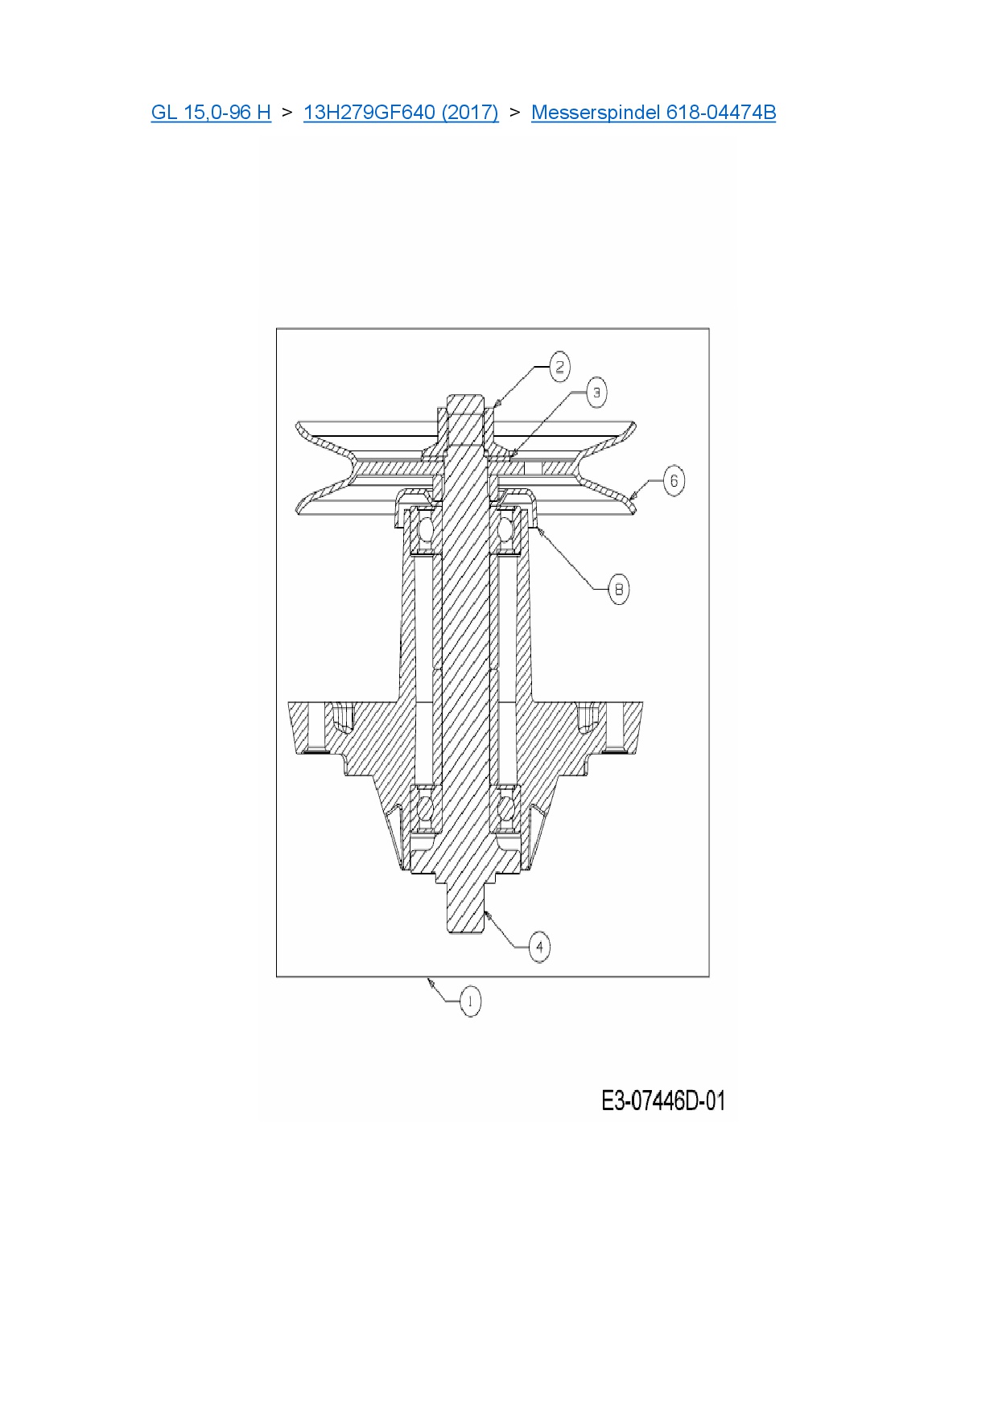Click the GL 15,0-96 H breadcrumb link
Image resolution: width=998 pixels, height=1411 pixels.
click(211, 112)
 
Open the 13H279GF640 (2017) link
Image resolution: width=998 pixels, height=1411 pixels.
click(401, 112)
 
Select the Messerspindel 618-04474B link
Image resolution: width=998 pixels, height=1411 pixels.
click(654, 112)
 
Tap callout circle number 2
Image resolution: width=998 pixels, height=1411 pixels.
click(560, 368)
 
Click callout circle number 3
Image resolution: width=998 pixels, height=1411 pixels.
click(596, 393)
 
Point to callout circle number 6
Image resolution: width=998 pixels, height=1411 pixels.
click(674, 481)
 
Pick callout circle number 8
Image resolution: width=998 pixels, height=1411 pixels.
click(618, 590)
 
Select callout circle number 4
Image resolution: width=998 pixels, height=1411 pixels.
click(539, 947)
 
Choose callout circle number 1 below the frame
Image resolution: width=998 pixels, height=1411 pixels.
click(470, 1002)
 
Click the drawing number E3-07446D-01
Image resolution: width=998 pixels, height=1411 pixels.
click(663, 1100)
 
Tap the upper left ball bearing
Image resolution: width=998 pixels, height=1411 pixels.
click(424, 530)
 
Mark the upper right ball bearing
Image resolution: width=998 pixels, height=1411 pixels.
click(507, 530)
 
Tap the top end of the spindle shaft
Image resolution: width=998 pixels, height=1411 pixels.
click(465, 402)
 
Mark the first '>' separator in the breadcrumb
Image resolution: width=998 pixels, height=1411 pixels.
click(287, 112)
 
